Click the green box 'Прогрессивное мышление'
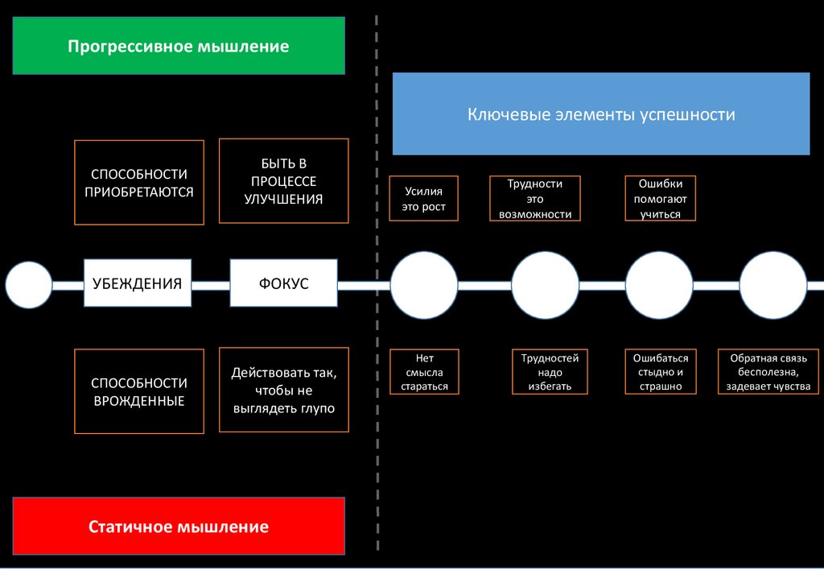click(179, 46)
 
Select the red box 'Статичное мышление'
click(179, 527)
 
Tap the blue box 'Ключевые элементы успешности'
click(601, 114)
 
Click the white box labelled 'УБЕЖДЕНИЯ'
click(138, 283)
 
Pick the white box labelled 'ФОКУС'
click(284, 283)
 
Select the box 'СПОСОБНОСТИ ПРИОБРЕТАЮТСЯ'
click(139, 183)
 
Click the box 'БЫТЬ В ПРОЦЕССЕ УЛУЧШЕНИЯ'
click(284, 181)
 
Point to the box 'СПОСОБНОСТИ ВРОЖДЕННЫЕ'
click(139, 391)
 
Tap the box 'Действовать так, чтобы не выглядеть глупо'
click(284, 390)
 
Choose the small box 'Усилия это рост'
click(423, 199)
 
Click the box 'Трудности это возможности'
click(535, 199)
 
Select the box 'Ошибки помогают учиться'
click(661, 199)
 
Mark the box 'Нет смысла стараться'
click(425, 372)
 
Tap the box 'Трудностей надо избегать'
click(550, 372)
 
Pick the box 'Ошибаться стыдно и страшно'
click(661, 372)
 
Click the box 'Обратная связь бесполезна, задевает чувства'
click(768, 372)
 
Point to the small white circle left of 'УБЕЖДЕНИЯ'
click(29, 285)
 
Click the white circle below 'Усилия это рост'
click(424, 286)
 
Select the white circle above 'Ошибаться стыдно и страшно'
click(659, 286)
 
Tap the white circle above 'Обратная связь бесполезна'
click(773, 286)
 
